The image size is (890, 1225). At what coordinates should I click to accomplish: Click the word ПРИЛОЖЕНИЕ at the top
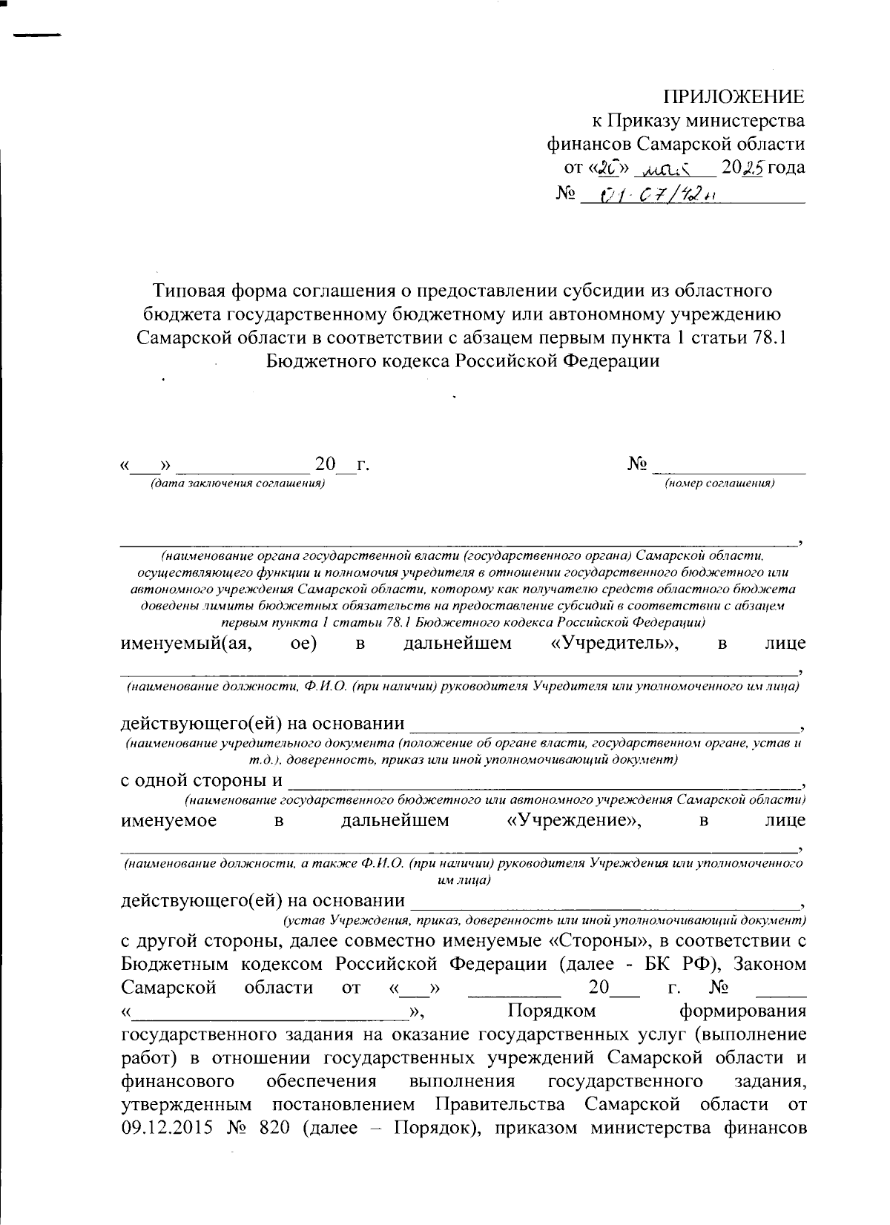(x=733, y=97)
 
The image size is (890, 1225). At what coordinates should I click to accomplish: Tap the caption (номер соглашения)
(x=719, y=483)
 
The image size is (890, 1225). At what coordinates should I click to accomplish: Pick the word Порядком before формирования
(x=552, y=1011)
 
